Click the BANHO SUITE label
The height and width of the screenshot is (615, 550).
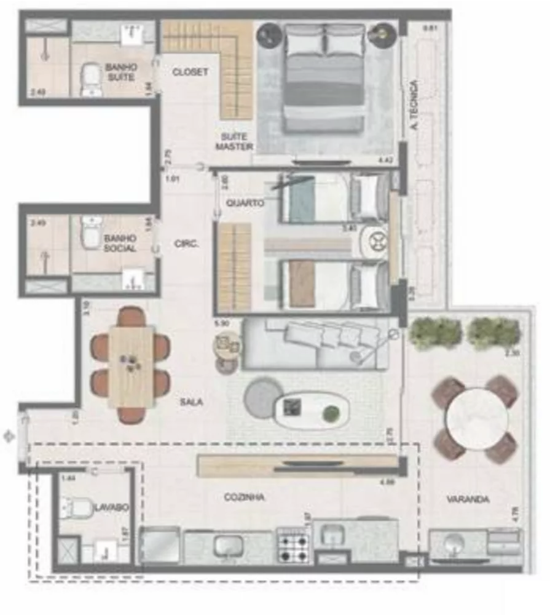click(121, 73)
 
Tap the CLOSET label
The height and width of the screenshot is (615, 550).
click(190, 72)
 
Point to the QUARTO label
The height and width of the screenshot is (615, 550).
click(245, 203)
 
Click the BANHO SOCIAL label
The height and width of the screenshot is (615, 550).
click(120, 243)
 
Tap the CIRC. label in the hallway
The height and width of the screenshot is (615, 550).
click(187, 244)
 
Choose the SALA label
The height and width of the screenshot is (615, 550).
click(191, 402)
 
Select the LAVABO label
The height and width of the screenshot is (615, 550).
click(111, 507)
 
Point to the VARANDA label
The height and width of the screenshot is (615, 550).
click(468, 499)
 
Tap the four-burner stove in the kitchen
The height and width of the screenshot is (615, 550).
click(293, 546)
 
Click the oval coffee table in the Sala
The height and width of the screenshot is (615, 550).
click(312, 410)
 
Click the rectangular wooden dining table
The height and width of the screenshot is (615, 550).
click(132, 366)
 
